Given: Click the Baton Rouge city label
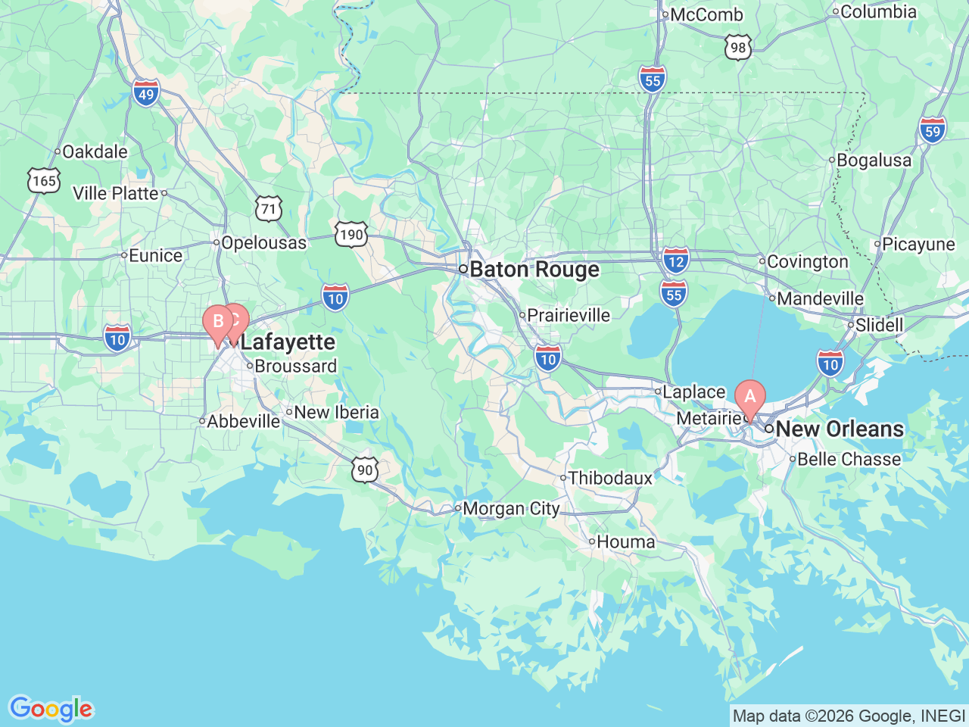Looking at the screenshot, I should click(x=534, y=270).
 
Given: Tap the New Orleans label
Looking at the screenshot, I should click(x=839, y=429).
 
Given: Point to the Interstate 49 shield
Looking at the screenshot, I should click(x=146, y=94).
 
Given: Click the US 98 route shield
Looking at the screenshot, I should click(x=737, y=48).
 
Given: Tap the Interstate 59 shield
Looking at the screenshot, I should click(x=933, y=130).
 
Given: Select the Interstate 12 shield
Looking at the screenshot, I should click(x=676, y=261).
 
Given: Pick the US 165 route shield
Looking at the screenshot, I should click(x=44, y=180).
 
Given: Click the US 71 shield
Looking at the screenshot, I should click(x=269, y=208).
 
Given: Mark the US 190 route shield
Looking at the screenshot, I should click(x=351, y=234).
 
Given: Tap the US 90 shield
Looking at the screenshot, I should click(x=365, y=470).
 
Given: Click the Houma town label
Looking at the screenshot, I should click(x=625, y=541).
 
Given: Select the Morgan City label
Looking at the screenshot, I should click(x=510, y=509).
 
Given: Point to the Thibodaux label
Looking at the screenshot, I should click(x=610, y=478).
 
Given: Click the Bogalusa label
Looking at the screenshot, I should click(x=874, y=161).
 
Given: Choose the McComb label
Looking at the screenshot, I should click(x=706, y=14).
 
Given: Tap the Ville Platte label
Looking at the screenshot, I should click(x=116, y=193).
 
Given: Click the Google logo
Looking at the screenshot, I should click(x=50, y=709).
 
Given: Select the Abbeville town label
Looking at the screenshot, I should click(x=243, y=421).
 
